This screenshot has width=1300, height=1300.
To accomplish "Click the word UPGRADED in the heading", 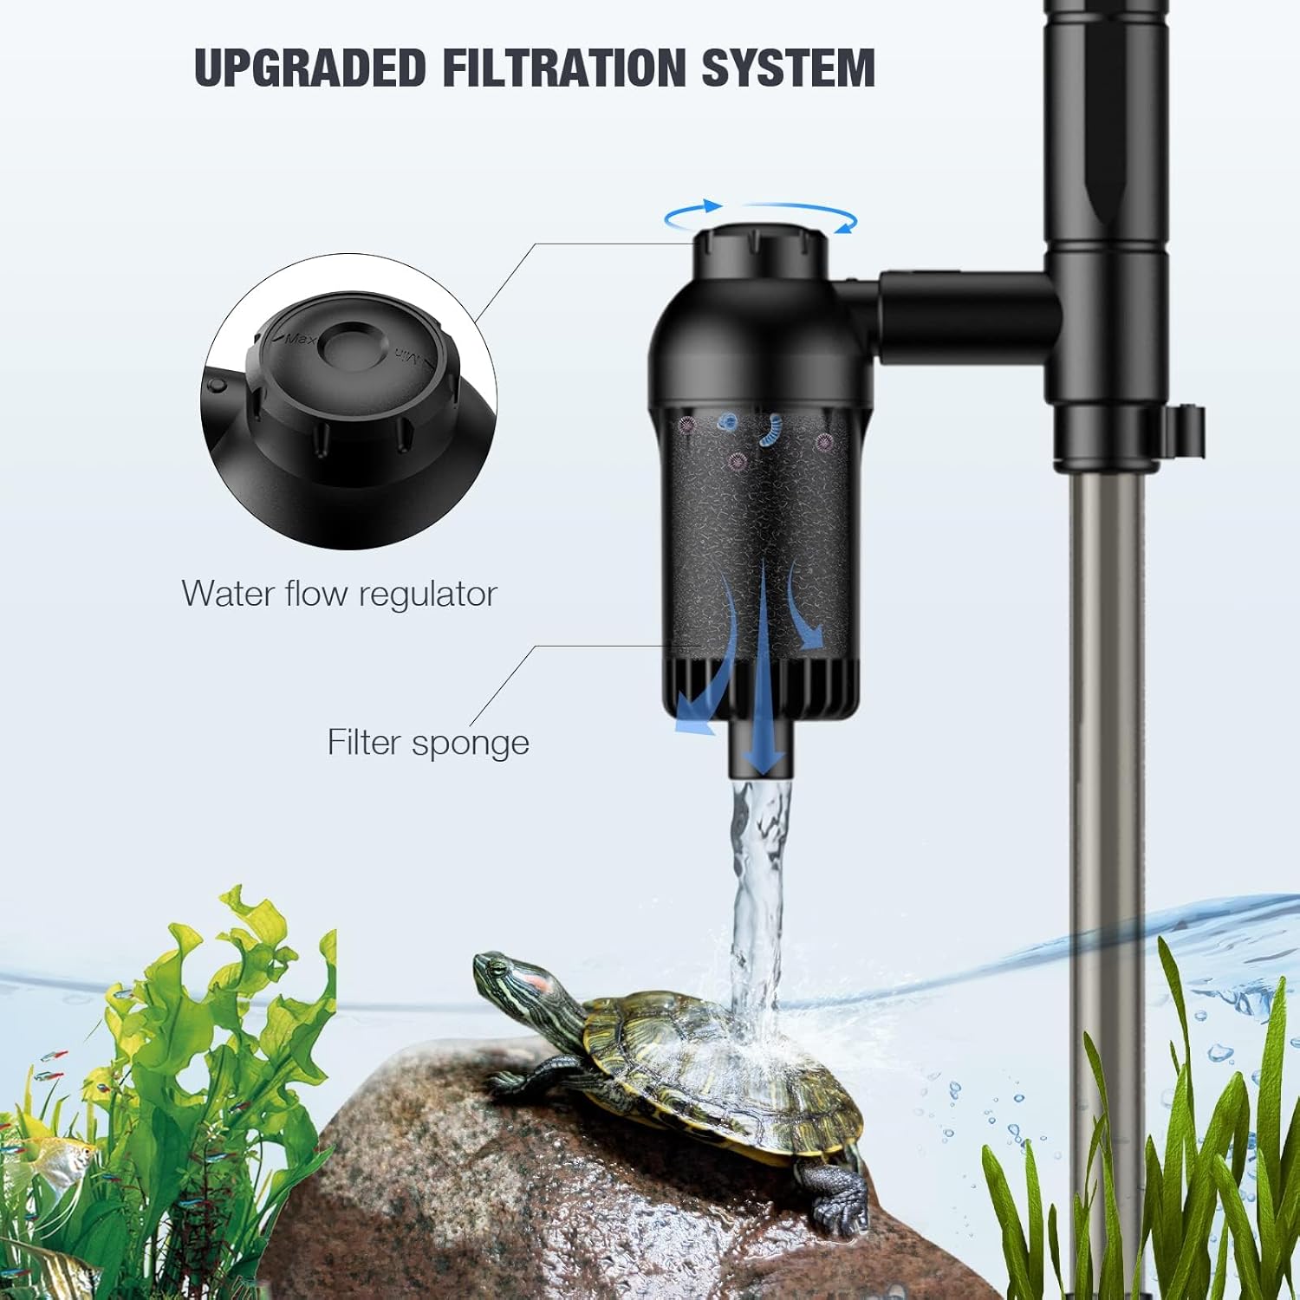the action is (309, 68).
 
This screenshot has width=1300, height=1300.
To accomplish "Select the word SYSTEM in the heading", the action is (789, 68).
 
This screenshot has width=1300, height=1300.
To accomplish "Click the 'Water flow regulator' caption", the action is (339, 594).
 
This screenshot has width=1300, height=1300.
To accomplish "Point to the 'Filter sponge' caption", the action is (428, 743).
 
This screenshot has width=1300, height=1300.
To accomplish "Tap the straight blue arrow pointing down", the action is (763, 667).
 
